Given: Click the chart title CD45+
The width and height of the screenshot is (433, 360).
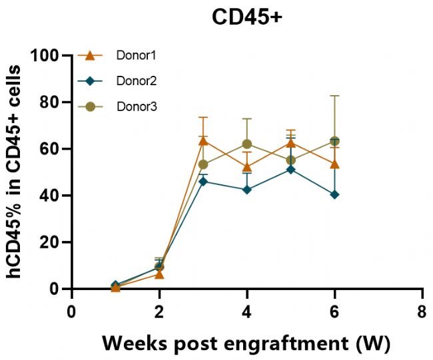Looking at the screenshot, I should (247, 18).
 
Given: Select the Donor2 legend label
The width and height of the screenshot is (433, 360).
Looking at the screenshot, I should (137, 81).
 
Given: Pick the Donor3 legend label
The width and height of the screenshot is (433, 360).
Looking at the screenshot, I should (137, 106).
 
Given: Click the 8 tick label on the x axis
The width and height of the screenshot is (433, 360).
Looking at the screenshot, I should (422, 312).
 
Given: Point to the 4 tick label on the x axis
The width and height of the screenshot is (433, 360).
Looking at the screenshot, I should (247, 312).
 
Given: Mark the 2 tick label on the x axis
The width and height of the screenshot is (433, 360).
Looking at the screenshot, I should (159, 312).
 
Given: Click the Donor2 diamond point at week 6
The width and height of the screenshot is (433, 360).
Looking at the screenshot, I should (334, 194).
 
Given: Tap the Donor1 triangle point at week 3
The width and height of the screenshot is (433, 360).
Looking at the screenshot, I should (203, 140).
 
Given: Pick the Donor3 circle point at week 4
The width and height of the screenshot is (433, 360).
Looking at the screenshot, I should (247, 144).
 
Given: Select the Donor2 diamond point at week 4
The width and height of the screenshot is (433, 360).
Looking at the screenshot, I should (247, 190).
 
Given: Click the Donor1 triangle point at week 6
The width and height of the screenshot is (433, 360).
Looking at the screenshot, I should (334, 164).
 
